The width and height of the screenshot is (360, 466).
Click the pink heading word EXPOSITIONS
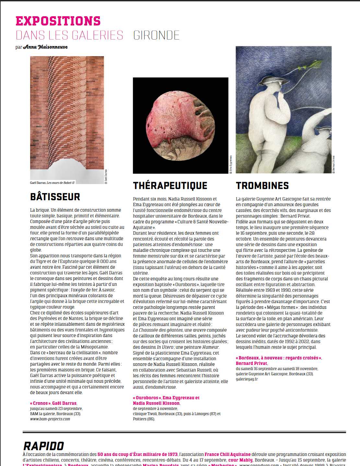click(x=58, y=21)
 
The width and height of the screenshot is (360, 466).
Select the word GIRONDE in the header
click(x=156, y=35)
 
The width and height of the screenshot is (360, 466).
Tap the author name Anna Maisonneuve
click(x=45, y=47)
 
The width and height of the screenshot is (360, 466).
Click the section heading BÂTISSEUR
click(x=55, y=197)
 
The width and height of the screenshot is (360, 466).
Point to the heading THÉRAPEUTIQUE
click(x=170, y=186)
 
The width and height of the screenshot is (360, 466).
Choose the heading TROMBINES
click(x=262, y=186)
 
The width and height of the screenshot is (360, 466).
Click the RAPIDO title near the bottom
click(x=44, y=446)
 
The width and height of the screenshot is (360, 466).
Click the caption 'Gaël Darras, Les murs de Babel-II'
click(x=52, y=183)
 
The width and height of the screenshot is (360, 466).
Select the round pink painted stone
click(x=180, y=126)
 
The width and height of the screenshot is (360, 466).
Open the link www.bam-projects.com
click(x=50, y=419)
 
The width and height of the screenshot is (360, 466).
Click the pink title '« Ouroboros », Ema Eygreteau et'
click(x=166, y=398)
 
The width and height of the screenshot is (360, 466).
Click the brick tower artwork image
click(x=67, y=113)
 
